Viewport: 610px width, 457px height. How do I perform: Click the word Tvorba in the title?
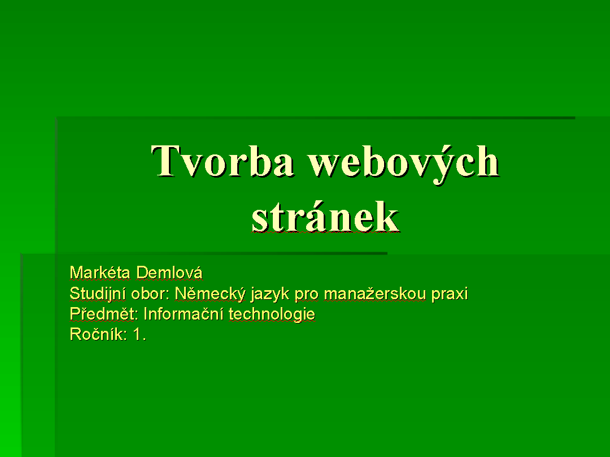[x=222, y=161]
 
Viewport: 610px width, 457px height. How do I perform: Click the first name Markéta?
[x=100, y=273]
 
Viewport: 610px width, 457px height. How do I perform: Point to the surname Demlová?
[x=169, y=273]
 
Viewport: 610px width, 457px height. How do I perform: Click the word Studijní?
[x=98, y=294]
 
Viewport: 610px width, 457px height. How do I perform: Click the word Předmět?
[x=104, y=314]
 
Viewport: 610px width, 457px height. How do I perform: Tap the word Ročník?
[x=98, y=334]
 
